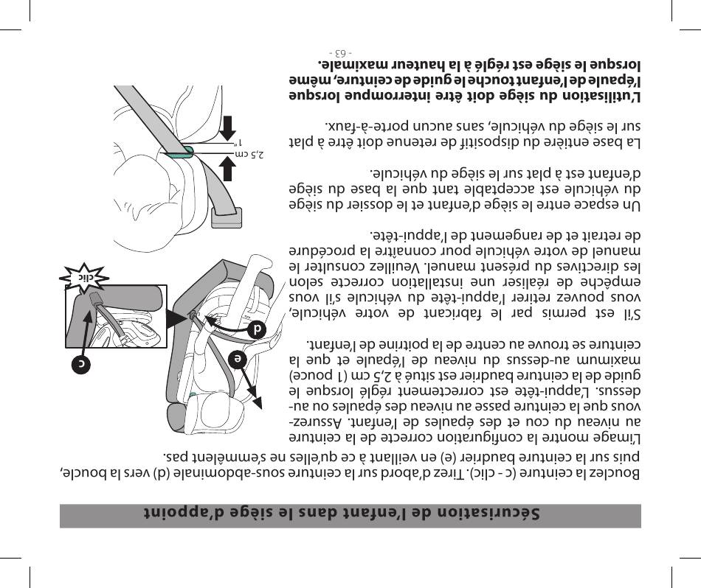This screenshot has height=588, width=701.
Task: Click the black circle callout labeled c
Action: [x=82, y=365]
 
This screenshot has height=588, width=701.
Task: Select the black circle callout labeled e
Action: [x=237, y=359]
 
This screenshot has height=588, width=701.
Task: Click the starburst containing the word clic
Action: [x=84, y=278]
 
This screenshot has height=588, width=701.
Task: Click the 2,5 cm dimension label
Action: [x=252, y=155]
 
